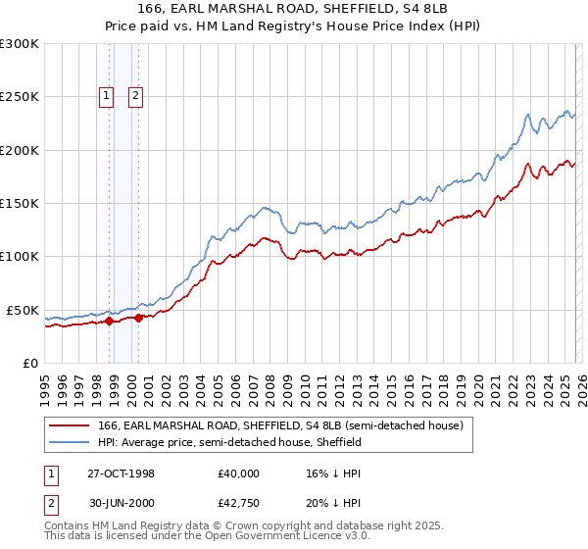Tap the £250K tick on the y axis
click(x=19, y=97)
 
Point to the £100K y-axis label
click(x=19, y=257)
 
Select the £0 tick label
click(x=29, y=363)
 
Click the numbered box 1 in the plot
click(x=106, y=96)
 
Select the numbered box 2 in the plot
click(x=134, y=96)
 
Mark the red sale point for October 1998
click(x=110, y=321)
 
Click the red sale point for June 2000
click(x=139, y=318)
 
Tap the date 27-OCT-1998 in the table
click(x=121, y=474)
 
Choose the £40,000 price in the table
click(x=239, y=474)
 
